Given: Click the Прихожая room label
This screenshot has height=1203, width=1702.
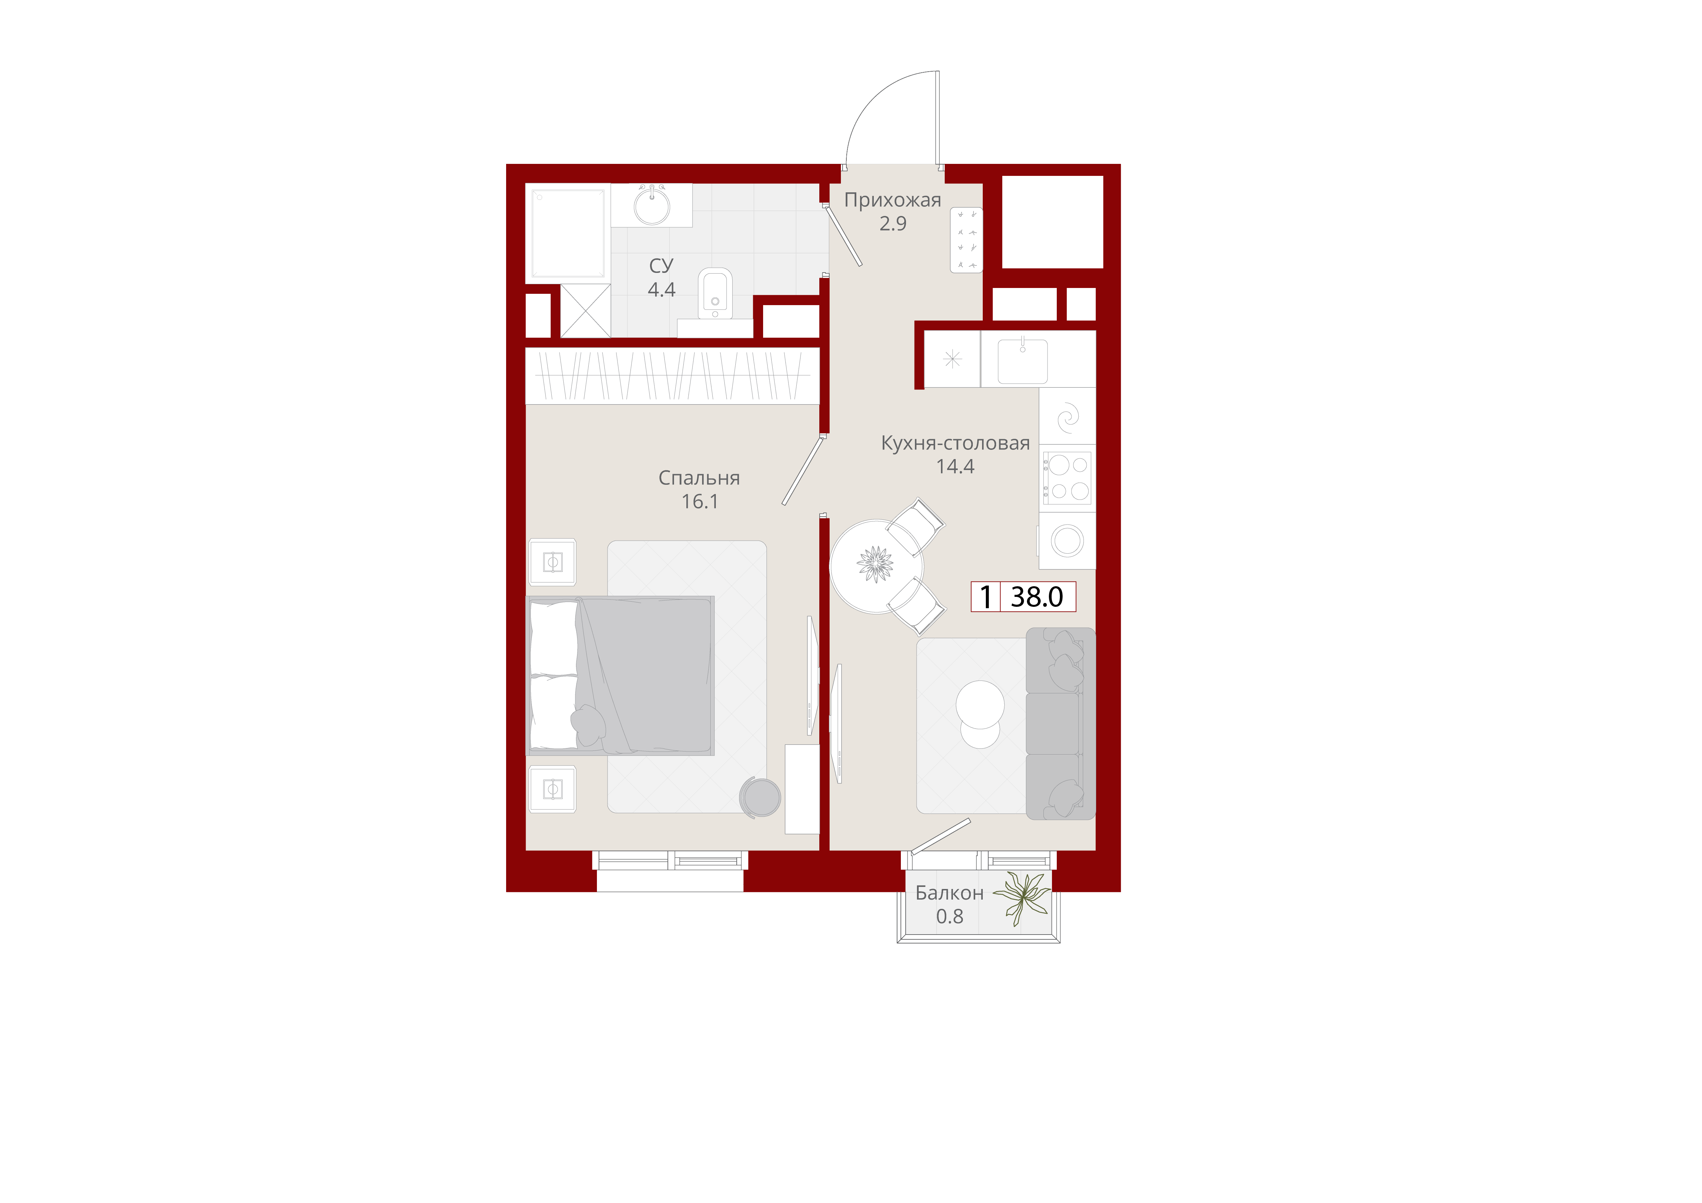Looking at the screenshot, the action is click(893, 200).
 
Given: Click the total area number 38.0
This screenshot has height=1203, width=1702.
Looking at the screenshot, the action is click(1036, 596).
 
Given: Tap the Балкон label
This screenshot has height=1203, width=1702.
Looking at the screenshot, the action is click(950, 893).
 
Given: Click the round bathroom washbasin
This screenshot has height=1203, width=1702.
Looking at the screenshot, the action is click(652, 206).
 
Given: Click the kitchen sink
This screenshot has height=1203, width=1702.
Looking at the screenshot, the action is click(1022, 361).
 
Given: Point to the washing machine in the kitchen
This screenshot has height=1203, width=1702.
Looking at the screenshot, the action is click(1067, 541).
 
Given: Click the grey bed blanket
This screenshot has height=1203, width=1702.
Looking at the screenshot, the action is click(645, 675).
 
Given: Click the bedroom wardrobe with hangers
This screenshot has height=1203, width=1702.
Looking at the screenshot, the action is click(672, 376).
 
